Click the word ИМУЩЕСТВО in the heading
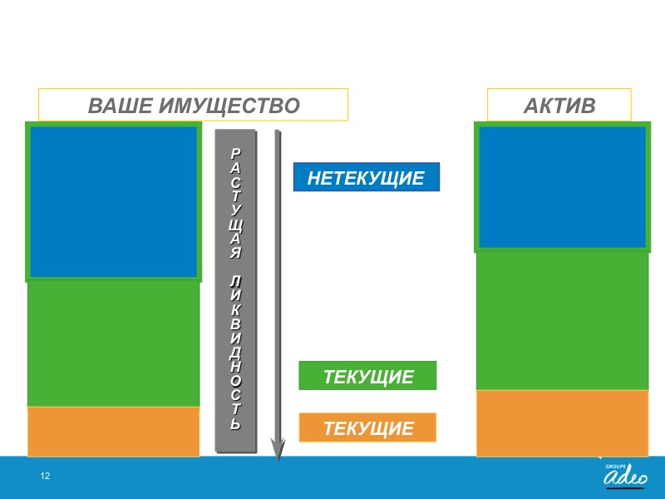[x=230, y=106]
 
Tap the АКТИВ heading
[x=559, y=106]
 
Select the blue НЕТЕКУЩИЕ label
[x=367, y=177]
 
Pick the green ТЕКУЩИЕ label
[x=367, y=376]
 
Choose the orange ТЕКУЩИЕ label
[x=367, y=427]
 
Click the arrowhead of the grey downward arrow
[x=278, y=450]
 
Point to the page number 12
[x=45, y=476]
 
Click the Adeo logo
[x=626, y=476]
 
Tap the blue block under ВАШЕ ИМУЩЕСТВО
[x=114, y=201]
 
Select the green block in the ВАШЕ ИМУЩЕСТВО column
[x=114, y=343]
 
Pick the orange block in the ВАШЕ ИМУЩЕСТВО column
[x=114, y=432]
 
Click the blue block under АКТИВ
[x=563, y=187]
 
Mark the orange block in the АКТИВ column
[x=563, y=423]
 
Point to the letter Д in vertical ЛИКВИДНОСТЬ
[x=236, y=353]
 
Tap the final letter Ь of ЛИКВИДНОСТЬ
[x=236, y=423]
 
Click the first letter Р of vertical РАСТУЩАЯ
[x=236, y=154]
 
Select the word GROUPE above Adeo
[x=615, y=467]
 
